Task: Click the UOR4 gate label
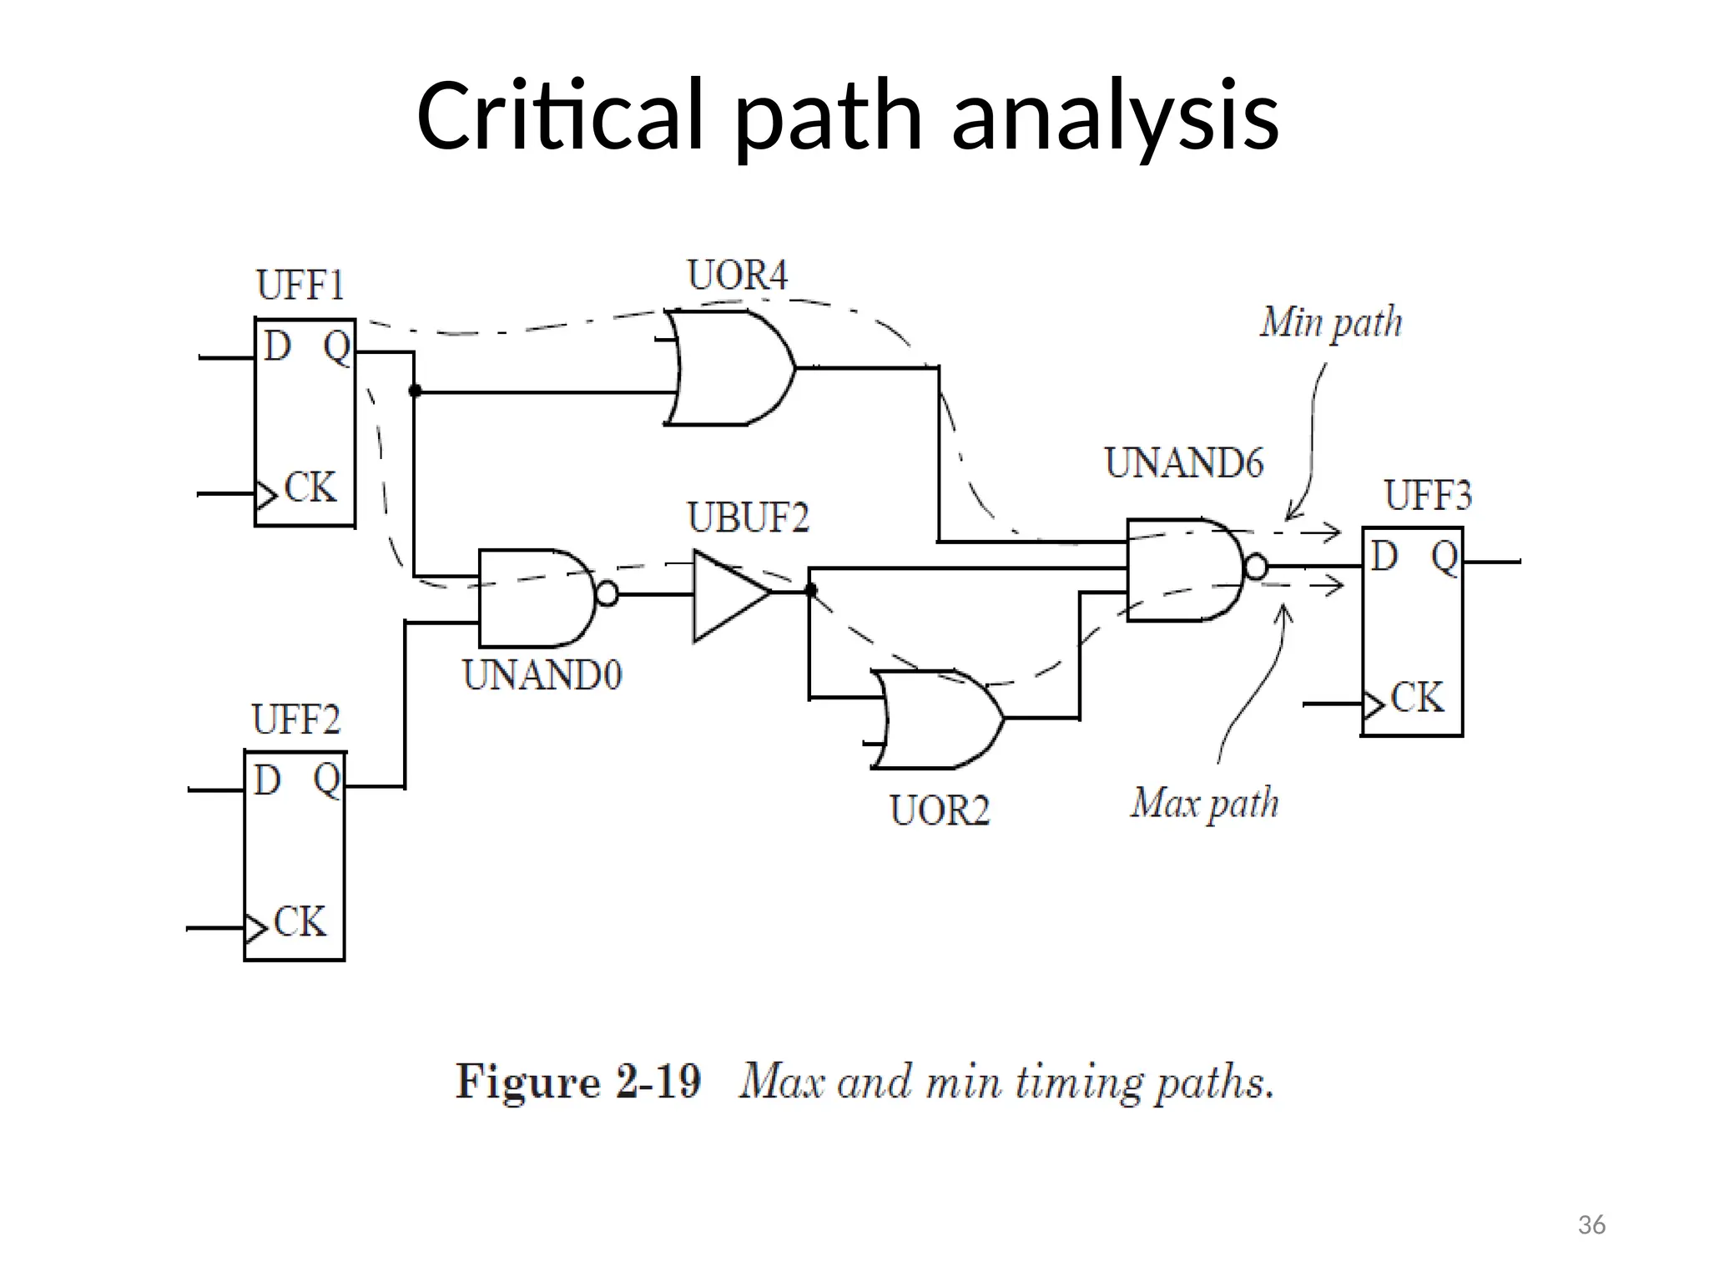pos(737,276)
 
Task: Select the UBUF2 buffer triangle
pos(726,595)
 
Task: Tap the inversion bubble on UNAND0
pos(607,594)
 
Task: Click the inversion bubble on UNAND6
pos(1256,568)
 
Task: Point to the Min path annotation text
pos(1330,324)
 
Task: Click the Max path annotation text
pos(1204,804)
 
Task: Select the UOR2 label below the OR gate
pos(940,810)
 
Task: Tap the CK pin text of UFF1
pos(310,488)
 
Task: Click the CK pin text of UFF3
pos(1417,698)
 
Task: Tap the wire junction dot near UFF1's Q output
pos(415,391)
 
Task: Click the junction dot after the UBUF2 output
pos(809,591)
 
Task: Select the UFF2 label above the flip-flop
pos(296,720)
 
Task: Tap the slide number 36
pos(1591,1225)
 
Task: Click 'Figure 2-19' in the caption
pos(577,1083)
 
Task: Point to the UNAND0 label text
pos(542,675)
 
